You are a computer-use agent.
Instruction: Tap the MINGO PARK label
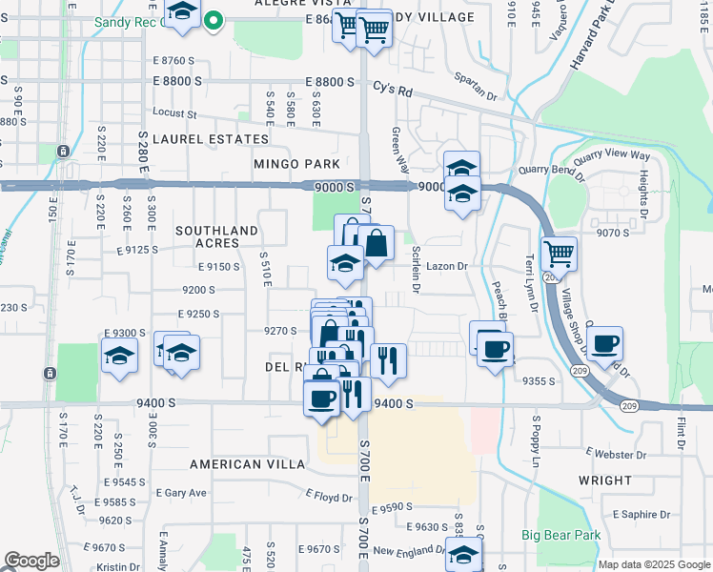[x=296, y=164]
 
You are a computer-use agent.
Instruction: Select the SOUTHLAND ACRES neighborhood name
[x=216, y=236]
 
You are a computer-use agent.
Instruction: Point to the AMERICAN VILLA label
[x=247, y=464]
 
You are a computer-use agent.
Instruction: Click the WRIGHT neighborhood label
[x=604, y=480]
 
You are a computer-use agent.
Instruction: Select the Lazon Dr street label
[x=445, y=267]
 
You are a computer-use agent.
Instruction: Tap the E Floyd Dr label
[x=329, y=496]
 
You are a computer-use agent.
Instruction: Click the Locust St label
[x=173, y=112]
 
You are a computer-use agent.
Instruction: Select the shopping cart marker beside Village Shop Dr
[x=558, y=254]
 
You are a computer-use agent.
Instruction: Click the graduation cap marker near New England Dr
[x=463, y=555]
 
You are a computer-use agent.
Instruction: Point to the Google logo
[x=31, y=561]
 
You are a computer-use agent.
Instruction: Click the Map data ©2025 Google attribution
[x=653, y=564]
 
